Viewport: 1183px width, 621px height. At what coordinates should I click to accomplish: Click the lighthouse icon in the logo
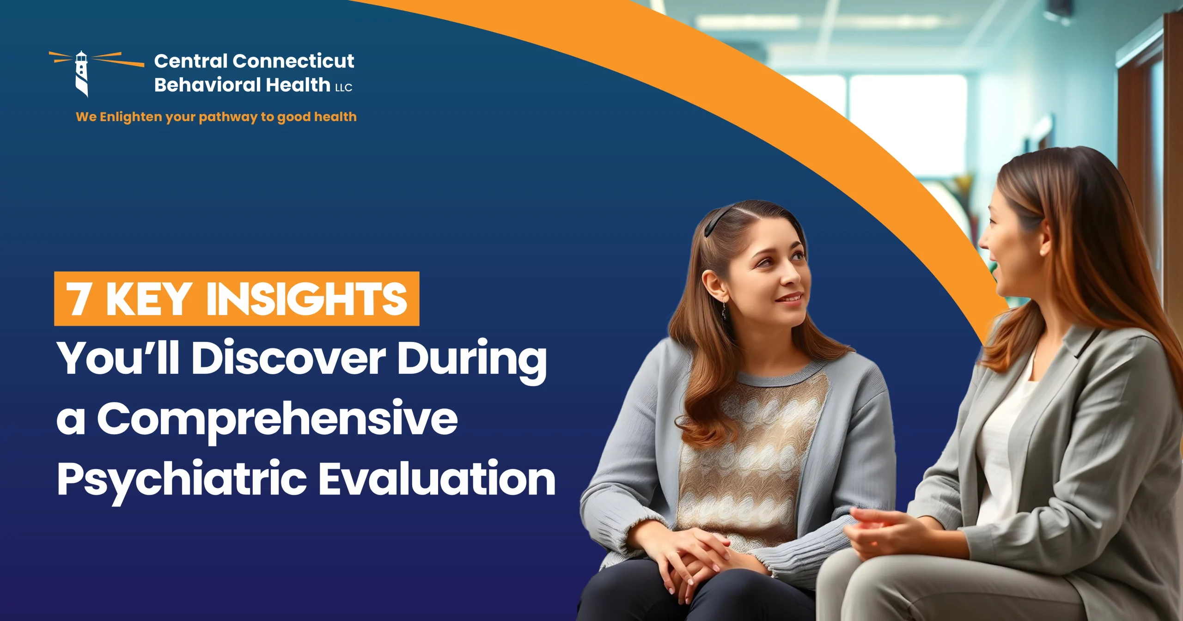point(82,74)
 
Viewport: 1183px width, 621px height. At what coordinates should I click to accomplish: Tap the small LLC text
point(344,88)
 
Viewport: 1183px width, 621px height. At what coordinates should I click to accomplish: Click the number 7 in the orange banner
point(79,299)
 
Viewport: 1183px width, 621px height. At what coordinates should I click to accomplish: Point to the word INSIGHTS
point(306,299)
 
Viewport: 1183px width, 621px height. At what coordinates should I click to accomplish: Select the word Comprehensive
point(277,418)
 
